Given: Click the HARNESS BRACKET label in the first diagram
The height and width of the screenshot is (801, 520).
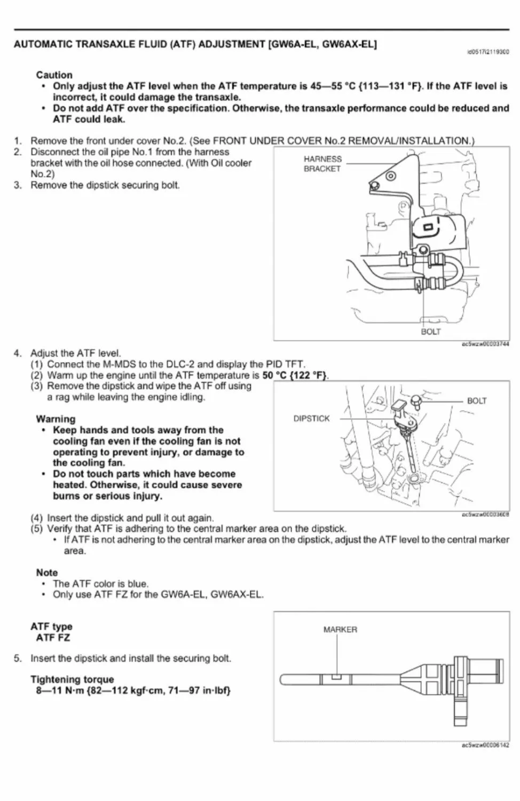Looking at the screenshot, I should [x=322, y=164].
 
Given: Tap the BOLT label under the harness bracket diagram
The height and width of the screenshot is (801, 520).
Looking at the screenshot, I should [x=431, y=332].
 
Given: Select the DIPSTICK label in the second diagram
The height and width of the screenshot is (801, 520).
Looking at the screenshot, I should [x=312, y=419].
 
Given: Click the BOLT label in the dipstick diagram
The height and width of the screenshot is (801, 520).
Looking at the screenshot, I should [x=477, y=401].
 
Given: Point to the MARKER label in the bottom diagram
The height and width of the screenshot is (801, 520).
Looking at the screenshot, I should [x=340, y=630].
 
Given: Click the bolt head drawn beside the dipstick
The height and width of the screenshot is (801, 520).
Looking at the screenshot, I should [x=416, y=400].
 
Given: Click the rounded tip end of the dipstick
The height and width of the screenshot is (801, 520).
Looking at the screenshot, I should [x=283, y=680].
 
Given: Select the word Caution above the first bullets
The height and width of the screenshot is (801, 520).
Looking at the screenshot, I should [x=54, y=75].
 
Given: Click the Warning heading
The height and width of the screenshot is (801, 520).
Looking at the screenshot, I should [x=56, y=419].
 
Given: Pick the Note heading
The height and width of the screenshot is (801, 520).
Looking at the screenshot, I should [x=47, y=572].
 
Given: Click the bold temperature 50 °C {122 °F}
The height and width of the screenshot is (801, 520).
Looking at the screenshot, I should [x=295, y=375].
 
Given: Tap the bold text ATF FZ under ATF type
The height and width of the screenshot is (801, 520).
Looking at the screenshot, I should [x=53, y=638].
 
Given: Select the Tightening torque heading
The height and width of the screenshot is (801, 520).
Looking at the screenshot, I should [x=72, y=679].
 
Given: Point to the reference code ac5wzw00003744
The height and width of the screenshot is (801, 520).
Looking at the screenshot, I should [x=485, y=344].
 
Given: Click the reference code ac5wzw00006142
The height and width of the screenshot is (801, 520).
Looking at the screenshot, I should [x=485, y=745].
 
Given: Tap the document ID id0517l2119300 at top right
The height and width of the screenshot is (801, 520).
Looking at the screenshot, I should [x=488, y=52].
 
